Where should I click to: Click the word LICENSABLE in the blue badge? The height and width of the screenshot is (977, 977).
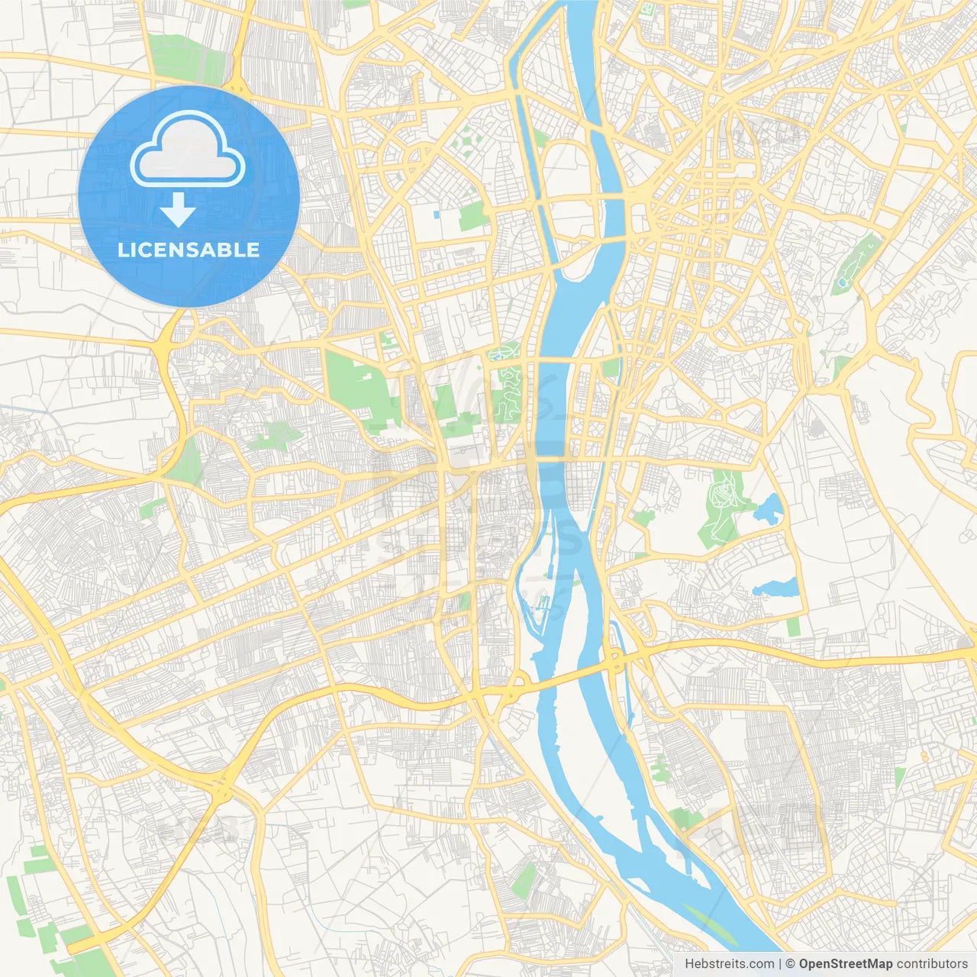point(189,250)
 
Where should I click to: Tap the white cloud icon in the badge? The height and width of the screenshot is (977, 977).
point(188,150)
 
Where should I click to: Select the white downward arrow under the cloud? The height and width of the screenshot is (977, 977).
point(178,211)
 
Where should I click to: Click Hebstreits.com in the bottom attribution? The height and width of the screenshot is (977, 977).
point(729,964)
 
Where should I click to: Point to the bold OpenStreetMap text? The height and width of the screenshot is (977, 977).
point(845,964)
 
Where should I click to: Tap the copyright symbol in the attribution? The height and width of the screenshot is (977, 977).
point(791,964)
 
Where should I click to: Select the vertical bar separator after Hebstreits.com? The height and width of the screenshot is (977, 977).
point(780,964)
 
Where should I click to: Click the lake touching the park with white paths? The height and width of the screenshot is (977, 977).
point(769,507)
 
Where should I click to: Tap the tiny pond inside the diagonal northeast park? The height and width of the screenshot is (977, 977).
point(843,282)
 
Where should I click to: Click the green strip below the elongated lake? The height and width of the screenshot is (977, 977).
point(794,627)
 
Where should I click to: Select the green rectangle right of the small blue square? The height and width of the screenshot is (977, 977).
point(473,217)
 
